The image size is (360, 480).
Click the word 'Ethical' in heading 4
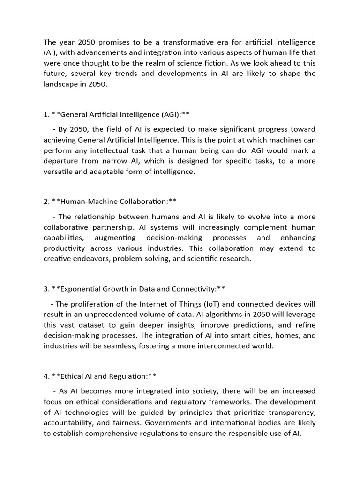tap(74, 376)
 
